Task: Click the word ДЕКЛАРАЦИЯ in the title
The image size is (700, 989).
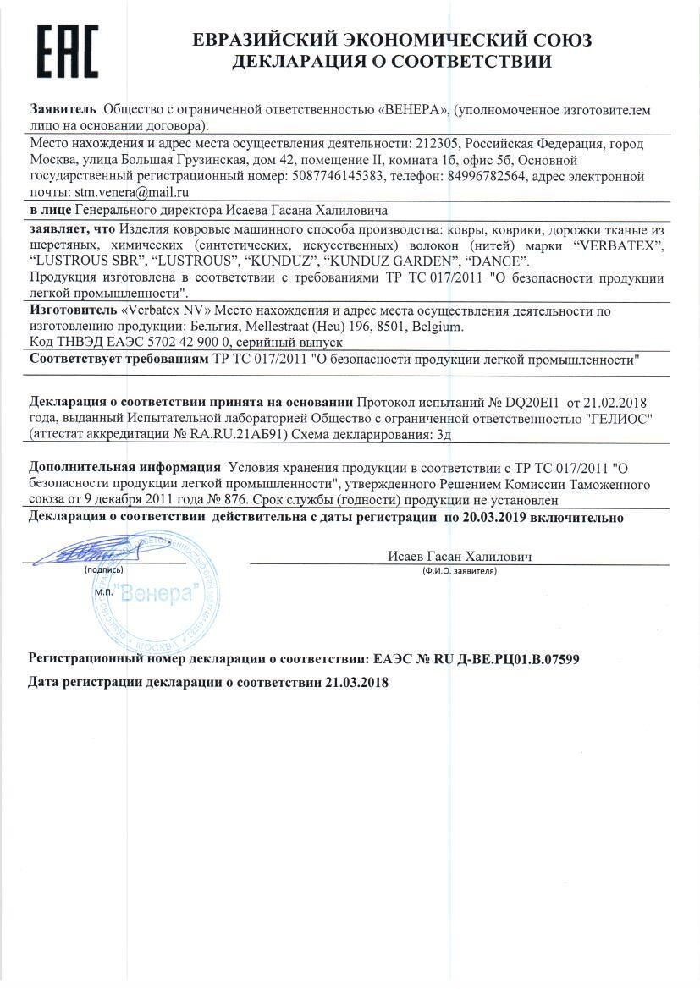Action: point(309,61)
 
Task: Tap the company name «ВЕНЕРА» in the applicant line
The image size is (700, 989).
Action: point(412,110)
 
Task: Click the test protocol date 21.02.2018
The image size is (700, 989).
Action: point(611,402)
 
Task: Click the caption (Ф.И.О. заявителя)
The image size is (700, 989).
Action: point(459,571)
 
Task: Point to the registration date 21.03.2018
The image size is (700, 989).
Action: point(356,682)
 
